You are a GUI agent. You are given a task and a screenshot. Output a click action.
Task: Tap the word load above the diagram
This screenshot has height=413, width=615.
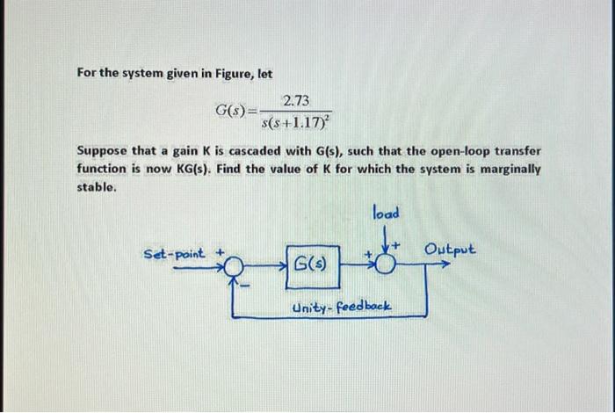pyautogui.click(x=386, y=213)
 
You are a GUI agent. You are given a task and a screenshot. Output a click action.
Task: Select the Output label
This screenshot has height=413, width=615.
pyautogui.click(x=450, y=249)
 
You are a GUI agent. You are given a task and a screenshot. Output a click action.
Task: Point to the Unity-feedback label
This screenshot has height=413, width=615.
pyautogui.click(x=341, y=308)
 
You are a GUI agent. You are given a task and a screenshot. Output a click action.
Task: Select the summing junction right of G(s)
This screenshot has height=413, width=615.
pyautogui.click(x=384, y=263)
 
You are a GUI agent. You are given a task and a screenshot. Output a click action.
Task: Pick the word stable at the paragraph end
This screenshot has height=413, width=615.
pyautogui.click(x=95, y=185)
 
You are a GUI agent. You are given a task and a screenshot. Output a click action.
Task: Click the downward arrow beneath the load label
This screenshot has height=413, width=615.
pyautogui.click(x=385, y=234)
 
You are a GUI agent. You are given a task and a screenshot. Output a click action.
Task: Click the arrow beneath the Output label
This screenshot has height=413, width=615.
pyautogui.click(x=447, y=261)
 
